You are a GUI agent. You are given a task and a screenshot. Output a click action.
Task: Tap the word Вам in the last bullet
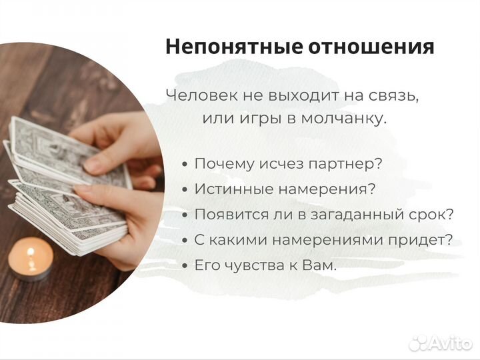(320, 265)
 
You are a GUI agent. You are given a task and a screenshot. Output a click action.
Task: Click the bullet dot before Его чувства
(184, 266)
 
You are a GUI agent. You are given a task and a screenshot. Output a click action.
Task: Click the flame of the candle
(31, 252)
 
